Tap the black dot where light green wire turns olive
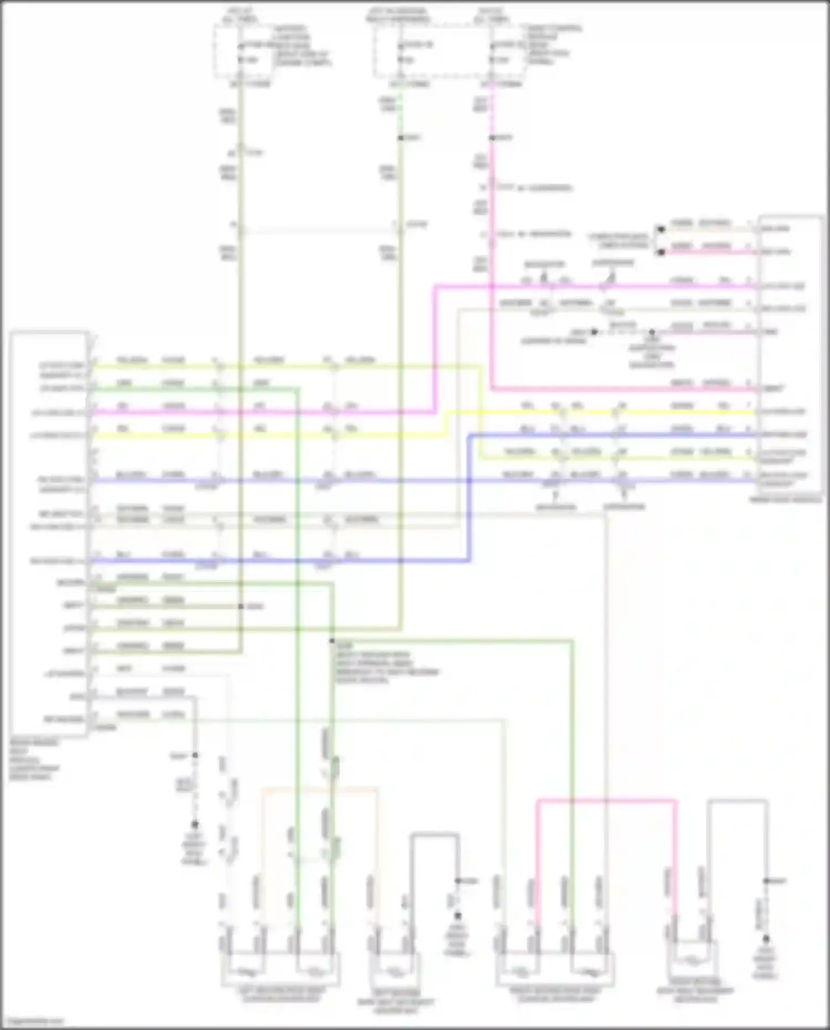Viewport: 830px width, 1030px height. pos(400,138)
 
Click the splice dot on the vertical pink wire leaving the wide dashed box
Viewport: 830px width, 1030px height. pos(491,138)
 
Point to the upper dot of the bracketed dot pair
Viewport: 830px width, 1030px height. pos(660,229)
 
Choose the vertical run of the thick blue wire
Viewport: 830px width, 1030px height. pos(470,498)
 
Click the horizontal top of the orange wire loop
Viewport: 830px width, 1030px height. pos(320,788)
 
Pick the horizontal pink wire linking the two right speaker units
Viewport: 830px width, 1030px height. pos(606,800)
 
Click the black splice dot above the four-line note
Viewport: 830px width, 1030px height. pos(332,641)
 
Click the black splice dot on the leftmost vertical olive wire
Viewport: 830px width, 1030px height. pos(241,607)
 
